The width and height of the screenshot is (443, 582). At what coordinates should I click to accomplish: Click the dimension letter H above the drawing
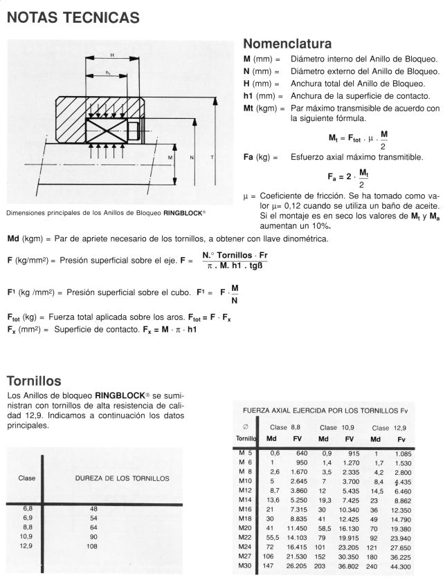pyautogui.click(x=112, y=55)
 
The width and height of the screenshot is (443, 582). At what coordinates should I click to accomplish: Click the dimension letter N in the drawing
pyautogui.click(x=192, y=158)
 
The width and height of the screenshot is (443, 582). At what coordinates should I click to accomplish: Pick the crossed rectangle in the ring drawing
pyautogui.click(x=109, y=130)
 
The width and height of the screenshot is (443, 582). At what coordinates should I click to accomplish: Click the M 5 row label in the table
pyautogui.click(x=245, y=452)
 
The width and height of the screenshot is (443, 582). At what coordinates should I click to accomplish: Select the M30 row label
pyautogui.click(x=245, y=565)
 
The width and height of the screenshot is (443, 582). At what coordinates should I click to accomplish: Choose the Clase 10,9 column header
pyautogui.click(x=337, y=427)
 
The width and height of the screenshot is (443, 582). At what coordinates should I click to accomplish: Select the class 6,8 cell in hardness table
pyautogui.click(x=28, y=508)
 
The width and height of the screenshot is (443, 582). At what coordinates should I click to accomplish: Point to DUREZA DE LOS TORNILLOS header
pyautogui.click(x=122, y=478)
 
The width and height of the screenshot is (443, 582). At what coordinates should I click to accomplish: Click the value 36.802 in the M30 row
pyautogui.click(x=349, y=566)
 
